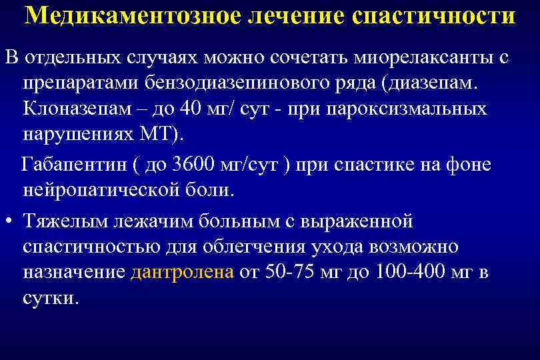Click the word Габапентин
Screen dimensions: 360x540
pos(64,165)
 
